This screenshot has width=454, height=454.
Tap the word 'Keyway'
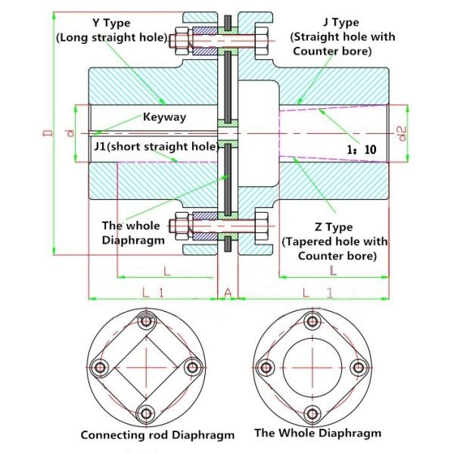click(x=164, y=117)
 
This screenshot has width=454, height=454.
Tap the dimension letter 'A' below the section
click(x=228, y=291)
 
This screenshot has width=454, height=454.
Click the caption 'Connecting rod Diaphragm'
click(x=157, y=435)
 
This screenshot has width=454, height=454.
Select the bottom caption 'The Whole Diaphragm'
click(x=318, y=433)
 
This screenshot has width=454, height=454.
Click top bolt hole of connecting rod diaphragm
click(x=145, y=322)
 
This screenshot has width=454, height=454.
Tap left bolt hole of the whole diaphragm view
click(x=264, y=368)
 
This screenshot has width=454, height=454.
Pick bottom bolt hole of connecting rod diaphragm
click(x=145, y=413)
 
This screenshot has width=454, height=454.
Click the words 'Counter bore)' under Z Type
click(x=334, y=256)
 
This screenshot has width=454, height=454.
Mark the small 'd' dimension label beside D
click(x=69, y=134)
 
